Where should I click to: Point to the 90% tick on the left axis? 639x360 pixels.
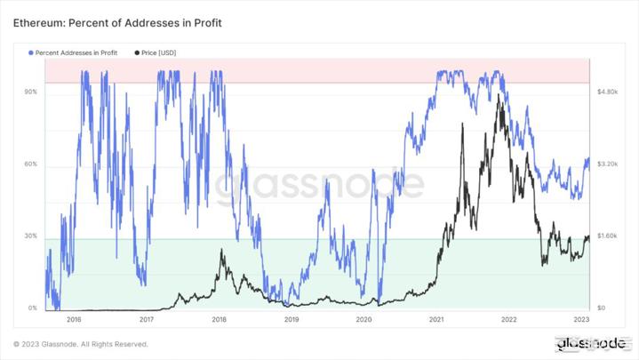(x=30, y=92)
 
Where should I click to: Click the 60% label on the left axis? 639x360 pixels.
(x=30, y=164)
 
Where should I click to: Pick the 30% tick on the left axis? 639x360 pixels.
(x=30, y=236)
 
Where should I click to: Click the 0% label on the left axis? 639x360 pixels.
(x=32, y=308)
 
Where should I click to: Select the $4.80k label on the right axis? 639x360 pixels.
(x=607, y=92)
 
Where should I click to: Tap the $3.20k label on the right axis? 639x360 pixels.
(x=607, y=164)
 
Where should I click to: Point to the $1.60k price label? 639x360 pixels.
(x=607, y=236)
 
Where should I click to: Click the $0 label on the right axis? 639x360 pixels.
(x=602, y=308)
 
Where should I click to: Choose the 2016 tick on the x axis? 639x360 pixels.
(x=74, y=318)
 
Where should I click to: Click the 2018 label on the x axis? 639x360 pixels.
(x=219, y=318)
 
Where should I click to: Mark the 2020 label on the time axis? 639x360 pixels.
(x=363, y=318)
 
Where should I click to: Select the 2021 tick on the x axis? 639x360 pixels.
(x=436, y=318)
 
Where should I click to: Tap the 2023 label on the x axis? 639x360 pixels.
(x=581, y=318)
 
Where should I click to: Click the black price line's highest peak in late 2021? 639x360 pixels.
(x=499, y=93)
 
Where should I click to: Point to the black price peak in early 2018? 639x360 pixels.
(x=221, y=251)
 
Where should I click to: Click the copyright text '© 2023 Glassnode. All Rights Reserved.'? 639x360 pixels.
(x=80, y=344)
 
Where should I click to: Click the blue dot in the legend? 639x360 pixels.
(x=32, y=53)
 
